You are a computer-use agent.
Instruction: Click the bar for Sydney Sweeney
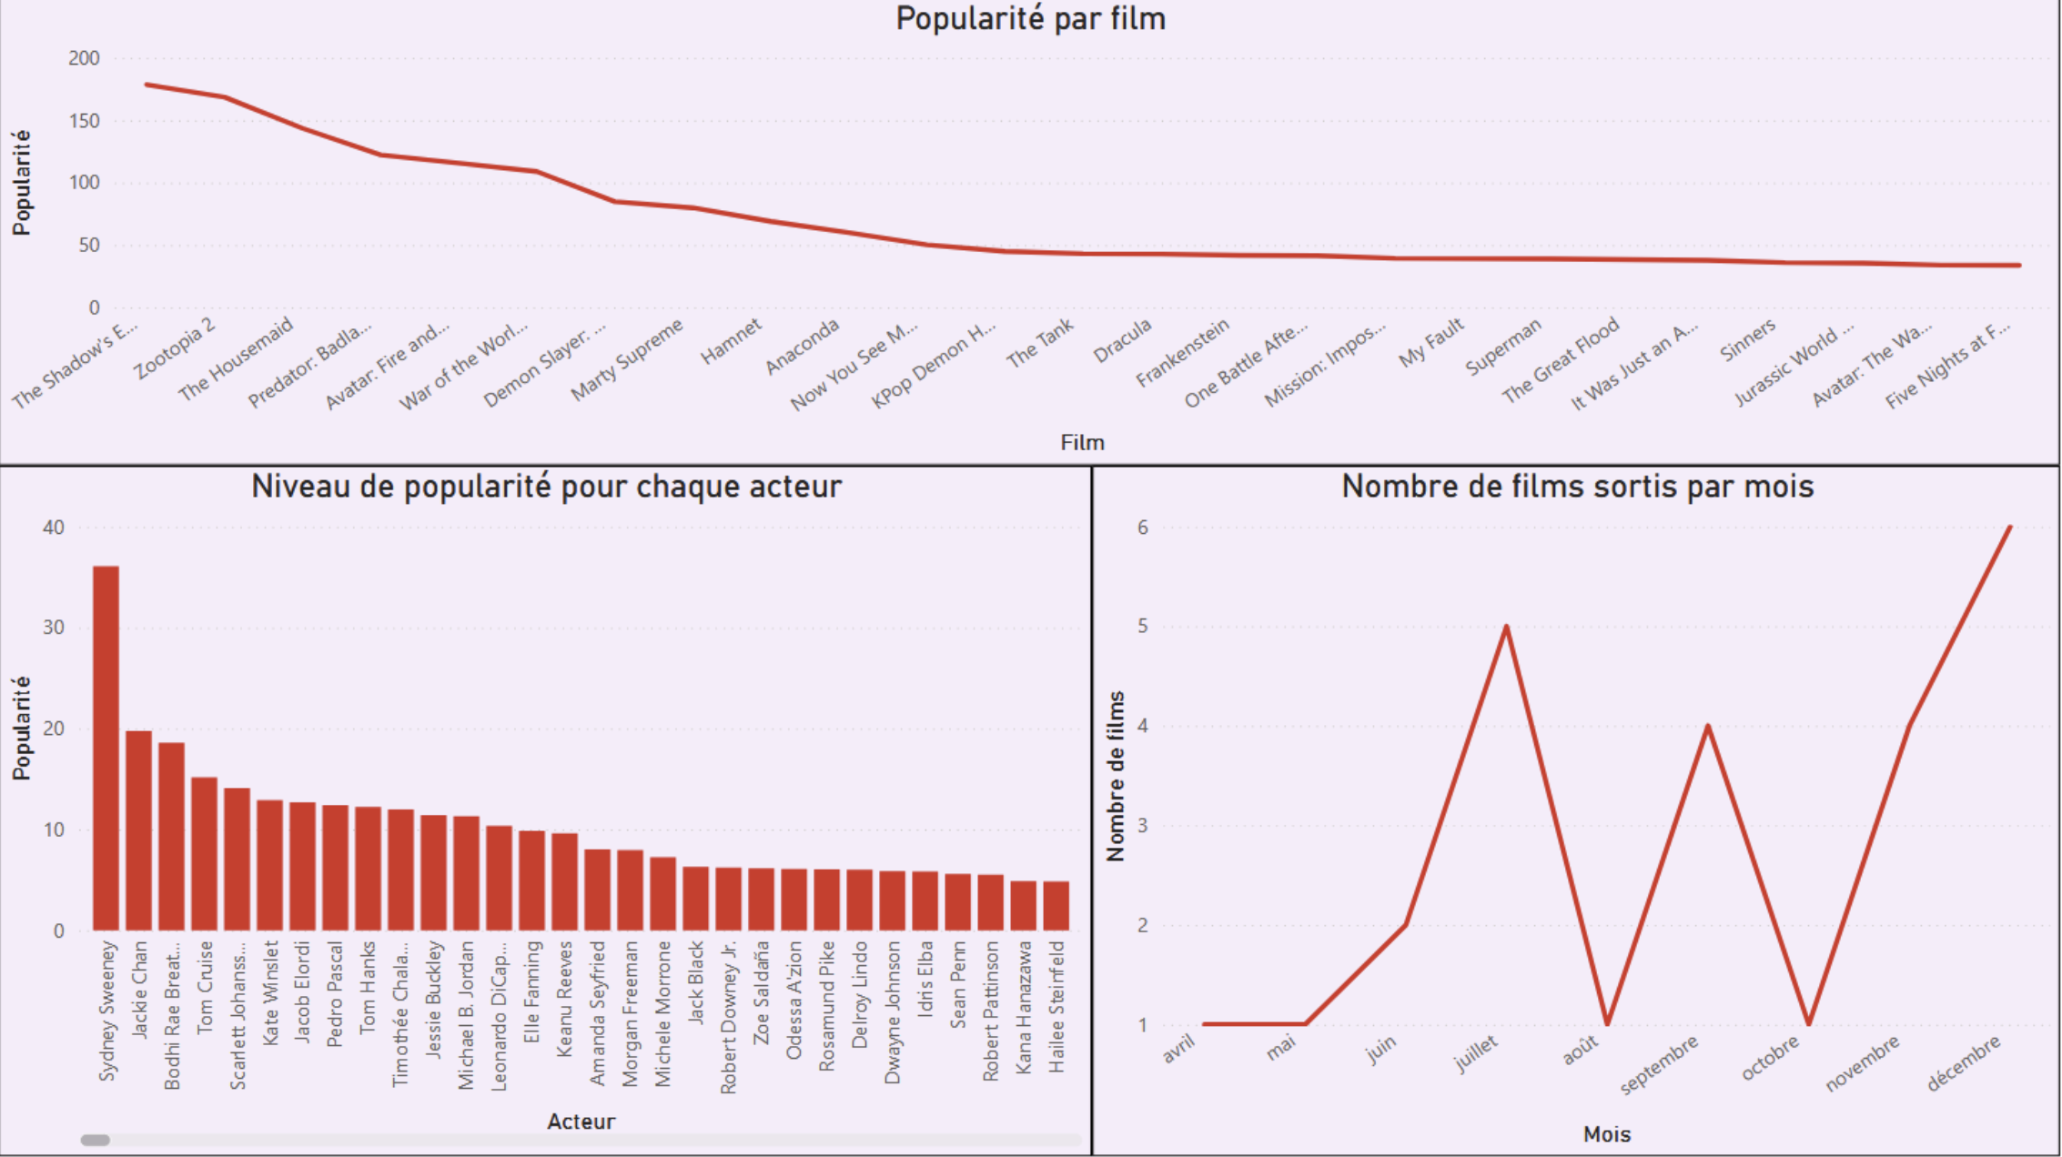tap(106, 748)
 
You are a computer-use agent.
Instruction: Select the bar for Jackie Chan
tap(138, 830)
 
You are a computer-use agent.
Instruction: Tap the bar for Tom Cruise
tap(204, 853)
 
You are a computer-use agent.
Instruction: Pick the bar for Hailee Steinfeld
tap(1056, 905)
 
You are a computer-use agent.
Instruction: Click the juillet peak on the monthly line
tap(1507, 627)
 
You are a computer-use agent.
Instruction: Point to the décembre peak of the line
tap(2009, 528)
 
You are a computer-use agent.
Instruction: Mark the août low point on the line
tap(1607, 1023)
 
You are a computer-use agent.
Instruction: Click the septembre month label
tap(1660, 1064)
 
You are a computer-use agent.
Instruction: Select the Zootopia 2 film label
tap(176, 348)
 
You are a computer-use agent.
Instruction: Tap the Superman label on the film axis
tap(1503, 347)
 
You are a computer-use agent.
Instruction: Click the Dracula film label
tap(1122, 341)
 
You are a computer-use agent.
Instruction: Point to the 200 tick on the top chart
tap(84, 58)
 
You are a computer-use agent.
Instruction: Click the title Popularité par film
tap(1030, 19)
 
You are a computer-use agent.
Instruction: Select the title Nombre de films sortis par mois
tap(1577, 487)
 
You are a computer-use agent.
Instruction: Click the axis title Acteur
tap(581, 1122)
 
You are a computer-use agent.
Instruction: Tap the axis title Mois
tap(1606, 1134)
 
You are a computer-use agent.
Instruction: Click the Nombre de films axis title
tap(1116, 776)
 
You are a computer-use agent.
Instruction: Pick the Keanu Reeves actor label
tap(564, 999)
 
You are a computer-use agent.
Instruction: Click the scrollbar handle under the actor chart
tap(96, 1140)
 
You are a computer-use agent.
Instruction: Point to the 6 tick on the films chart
tap(1142, 528)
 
